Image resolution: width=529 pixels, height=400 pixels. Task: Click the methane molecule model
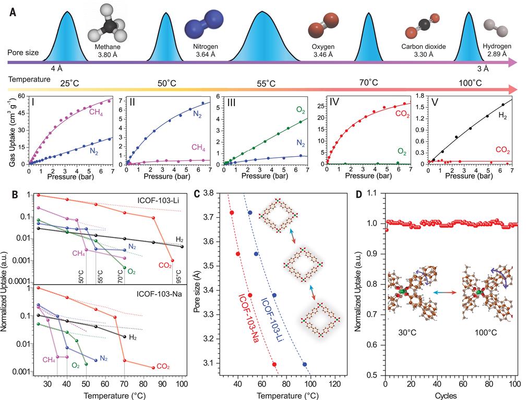108,22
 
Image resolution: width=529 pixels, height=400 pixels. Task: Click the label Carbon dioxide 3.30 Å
423,50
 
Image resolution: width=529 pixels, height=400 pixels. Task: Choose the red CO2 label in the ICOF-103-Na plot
164,367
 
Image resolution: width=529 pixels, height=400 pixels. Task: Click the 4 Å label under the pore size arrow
56,68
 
